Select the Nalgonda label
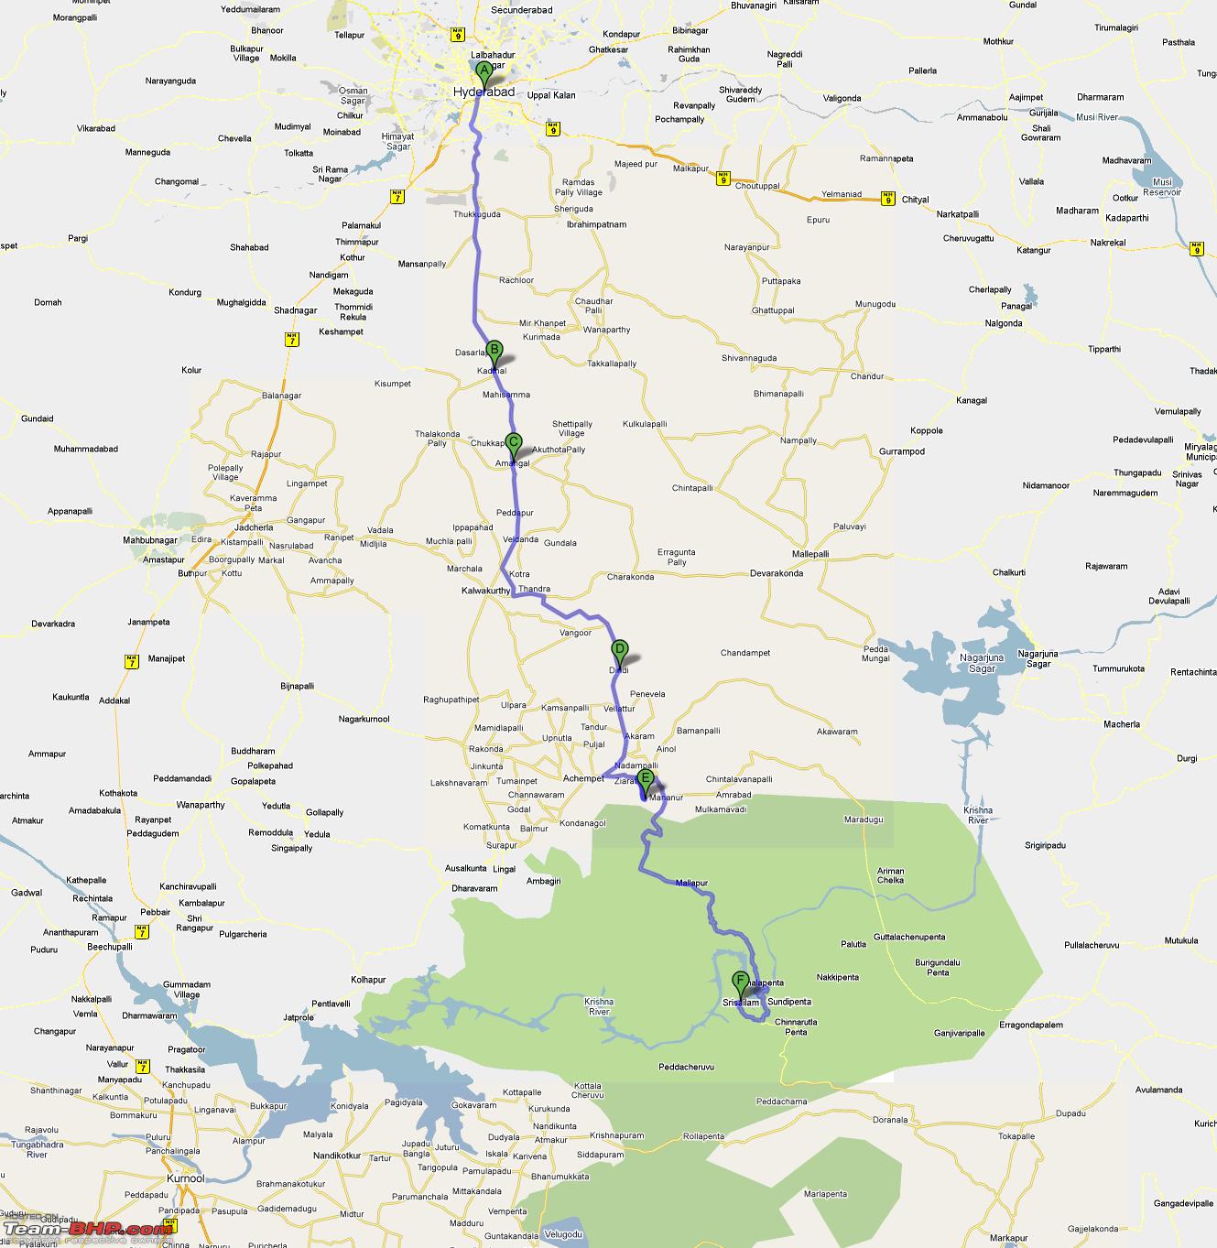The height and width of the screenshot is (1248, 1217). [1004, 323]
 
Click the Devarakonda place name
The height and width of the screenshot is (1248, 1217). [777, 573]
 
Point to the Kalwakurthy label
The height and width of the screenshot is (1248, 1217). [485, 591]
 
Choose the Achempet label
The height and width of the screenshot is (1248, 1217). [582, 778]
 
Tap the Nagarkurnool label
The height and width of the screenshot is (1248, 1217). [364, 720]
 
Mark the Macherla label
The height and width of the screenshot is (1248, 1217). [1122, 724]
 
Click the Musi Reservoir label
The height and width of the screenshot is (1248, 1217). [1161, 187]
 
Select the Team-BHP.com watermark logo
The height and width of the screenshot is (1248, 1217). [87, 1230]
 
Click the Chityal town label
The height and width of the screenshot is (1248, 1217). [915, 200]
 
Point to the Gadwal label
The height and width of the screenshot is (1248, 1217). [27, 893]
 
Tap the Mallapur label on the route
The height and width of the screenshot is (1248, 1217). [691, 884]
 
